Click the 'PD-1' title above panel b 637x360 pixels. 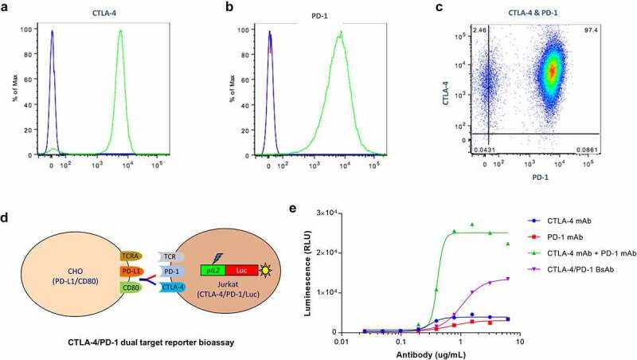click(x=338, y=12)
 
